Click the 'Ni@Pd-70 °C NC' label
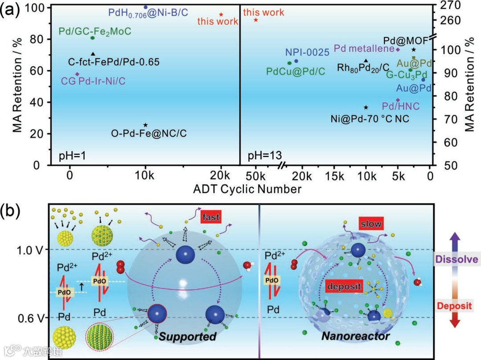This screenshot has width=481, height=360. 369,119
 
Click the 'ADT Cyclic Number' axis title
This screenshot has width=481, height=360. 247,189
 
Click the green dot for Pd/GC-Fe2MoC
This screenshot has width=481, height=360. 93,38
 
